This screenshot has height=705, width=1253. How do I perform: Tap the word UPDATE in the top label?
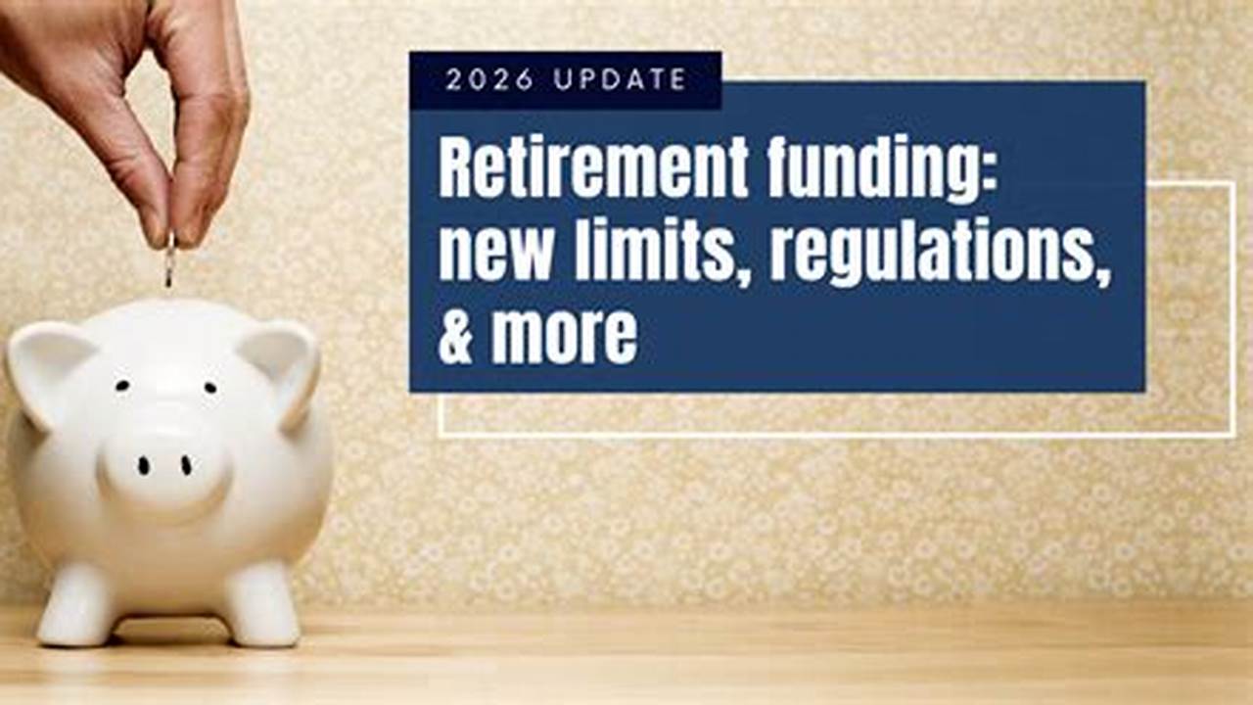coord(620,80)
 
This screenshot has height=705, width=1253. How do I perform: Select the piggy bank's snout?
coord(163,467)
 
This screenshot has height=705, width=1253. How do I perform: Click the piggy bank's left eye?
coord(122,386)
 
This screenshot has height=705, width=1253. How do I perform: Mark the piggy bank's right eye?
coord(209,387)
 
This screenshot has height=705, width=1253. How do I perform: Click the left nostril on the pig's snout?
coord(143,466)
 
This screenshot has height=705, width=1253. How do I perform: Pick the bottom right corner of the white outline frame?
coord(1233,434)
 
